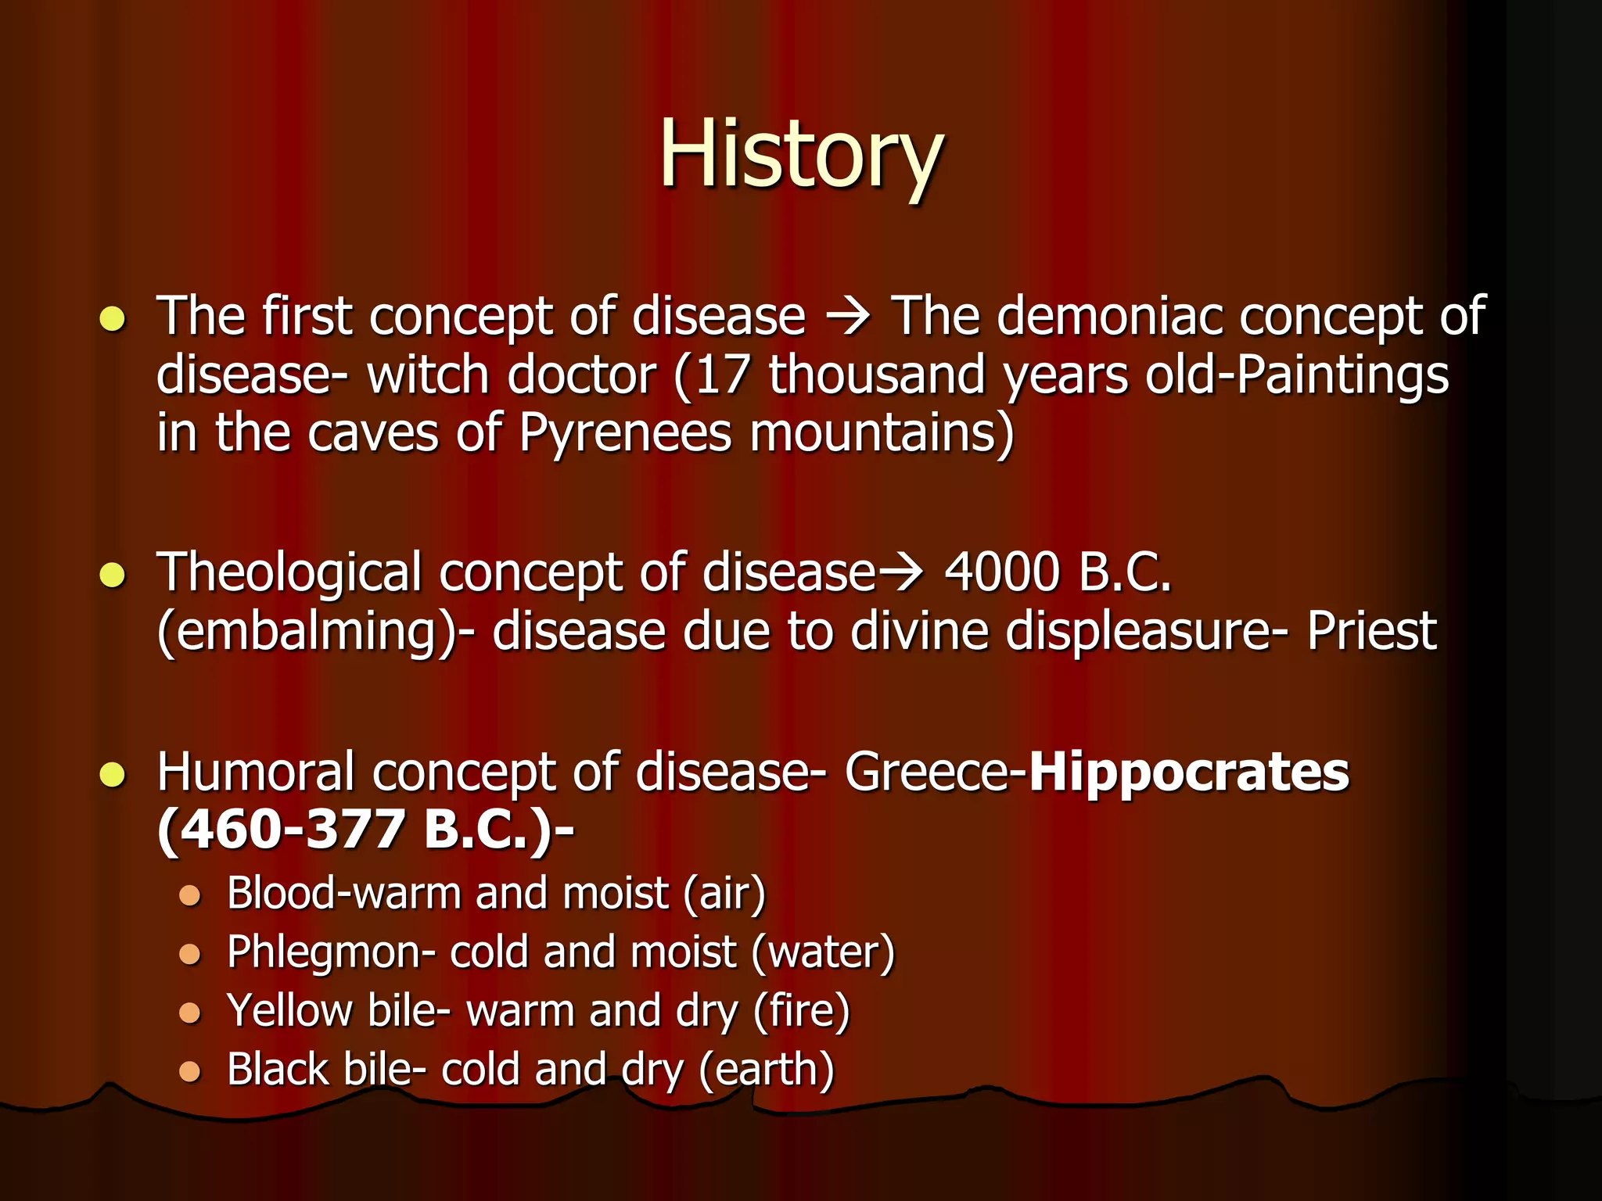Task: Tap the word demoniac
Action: coord(1112,316)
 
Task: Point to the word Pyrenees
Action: coord(625,433)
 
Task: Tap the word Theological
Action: coord(289,573)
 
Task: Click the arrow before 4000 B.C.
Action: coord(902,573)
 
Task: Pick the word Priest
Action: coord(1371,631)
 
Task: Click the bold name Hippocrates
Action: coord(1189,772)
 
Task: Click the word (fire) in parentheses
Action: coord(801,1011)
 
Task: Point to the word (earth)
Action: coord(766,1070)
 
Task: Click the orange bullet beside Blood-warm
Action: coord(190,894)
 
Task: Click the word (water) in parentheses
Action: coord(822,953)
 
